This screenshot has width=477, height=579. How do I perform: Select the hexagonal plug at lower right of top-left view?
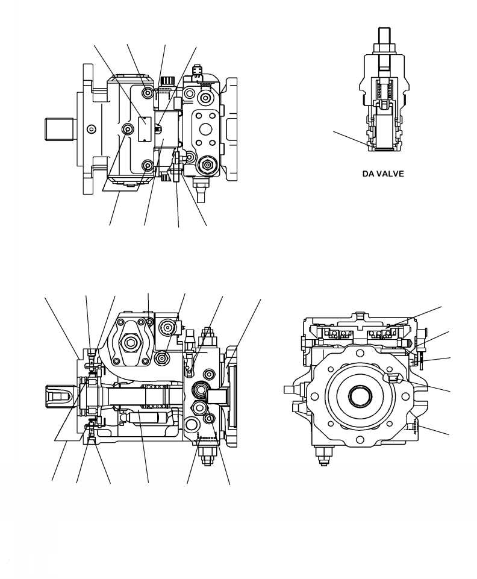[x=208, y=163]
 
